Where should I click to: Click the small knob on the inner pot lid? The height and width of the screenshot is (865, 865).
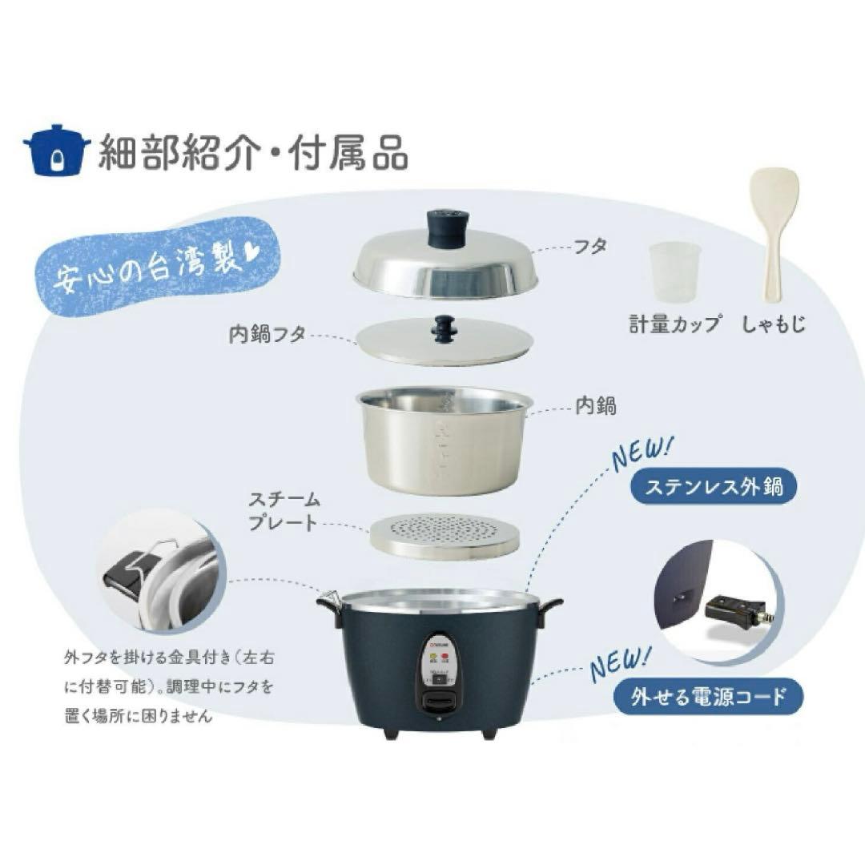click(443, 327)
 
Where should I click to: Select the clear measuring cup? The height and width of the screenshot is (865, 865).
click(674, 272)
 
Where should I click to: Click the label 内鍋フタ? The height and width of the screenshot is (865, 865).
click(267, 335)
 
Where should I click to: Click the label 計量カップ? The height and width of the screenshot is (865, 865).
click(674, 324)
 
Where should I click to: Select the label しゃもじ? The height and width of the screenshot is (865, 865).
click(773, 324)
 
